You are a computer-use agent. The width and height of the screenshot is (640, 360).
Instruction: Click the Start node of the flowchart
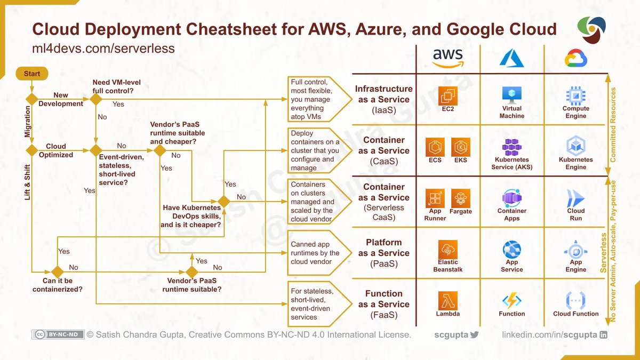32,74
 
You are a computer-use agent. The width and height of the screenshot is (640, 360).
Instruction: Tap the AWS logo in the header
448,57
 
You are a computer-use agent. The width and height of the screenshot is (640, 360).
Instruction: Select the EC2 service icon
447,96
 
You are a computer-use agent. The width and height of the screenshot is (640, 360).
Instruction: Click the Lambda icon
447,300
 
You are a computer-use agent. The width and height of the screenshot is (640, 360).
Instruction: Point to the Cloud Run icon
575,198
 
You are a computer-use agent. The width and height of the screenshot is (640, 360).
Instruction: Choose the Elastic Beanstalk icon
447,249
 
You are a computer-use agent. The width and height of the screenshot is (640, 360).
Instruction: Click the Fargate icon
460,198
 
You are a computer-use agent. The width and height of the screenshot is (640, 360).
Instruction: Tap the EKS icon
460,147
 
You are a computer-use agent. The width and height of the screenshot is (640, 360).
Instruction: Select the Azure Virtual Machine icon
511,95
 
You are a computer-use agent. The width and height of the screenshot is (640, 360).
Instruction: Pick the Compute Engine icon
575,95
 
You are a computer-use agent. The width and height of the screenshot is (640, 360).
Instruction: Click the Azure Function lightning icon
511,300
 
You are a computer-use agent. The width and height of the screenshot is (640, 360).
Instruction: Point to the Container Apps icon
511,197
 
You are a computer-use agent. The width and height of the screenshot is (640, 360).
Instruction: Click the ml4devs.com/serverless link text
103,49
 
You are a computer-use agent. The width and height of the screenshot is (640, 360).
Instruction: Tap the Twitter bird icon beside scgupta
475,335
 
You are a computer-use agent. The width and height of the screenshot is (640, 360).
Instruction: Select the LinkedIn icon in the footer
604,335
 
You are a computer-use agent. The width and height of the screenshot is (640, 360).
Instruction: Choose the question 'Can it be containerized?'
58,285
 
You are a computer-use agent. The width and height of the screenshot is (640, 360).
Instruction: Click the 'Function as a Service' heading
384,304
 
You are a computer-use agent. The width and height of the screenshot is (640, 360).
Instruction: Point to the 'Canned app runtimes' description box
315,253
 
